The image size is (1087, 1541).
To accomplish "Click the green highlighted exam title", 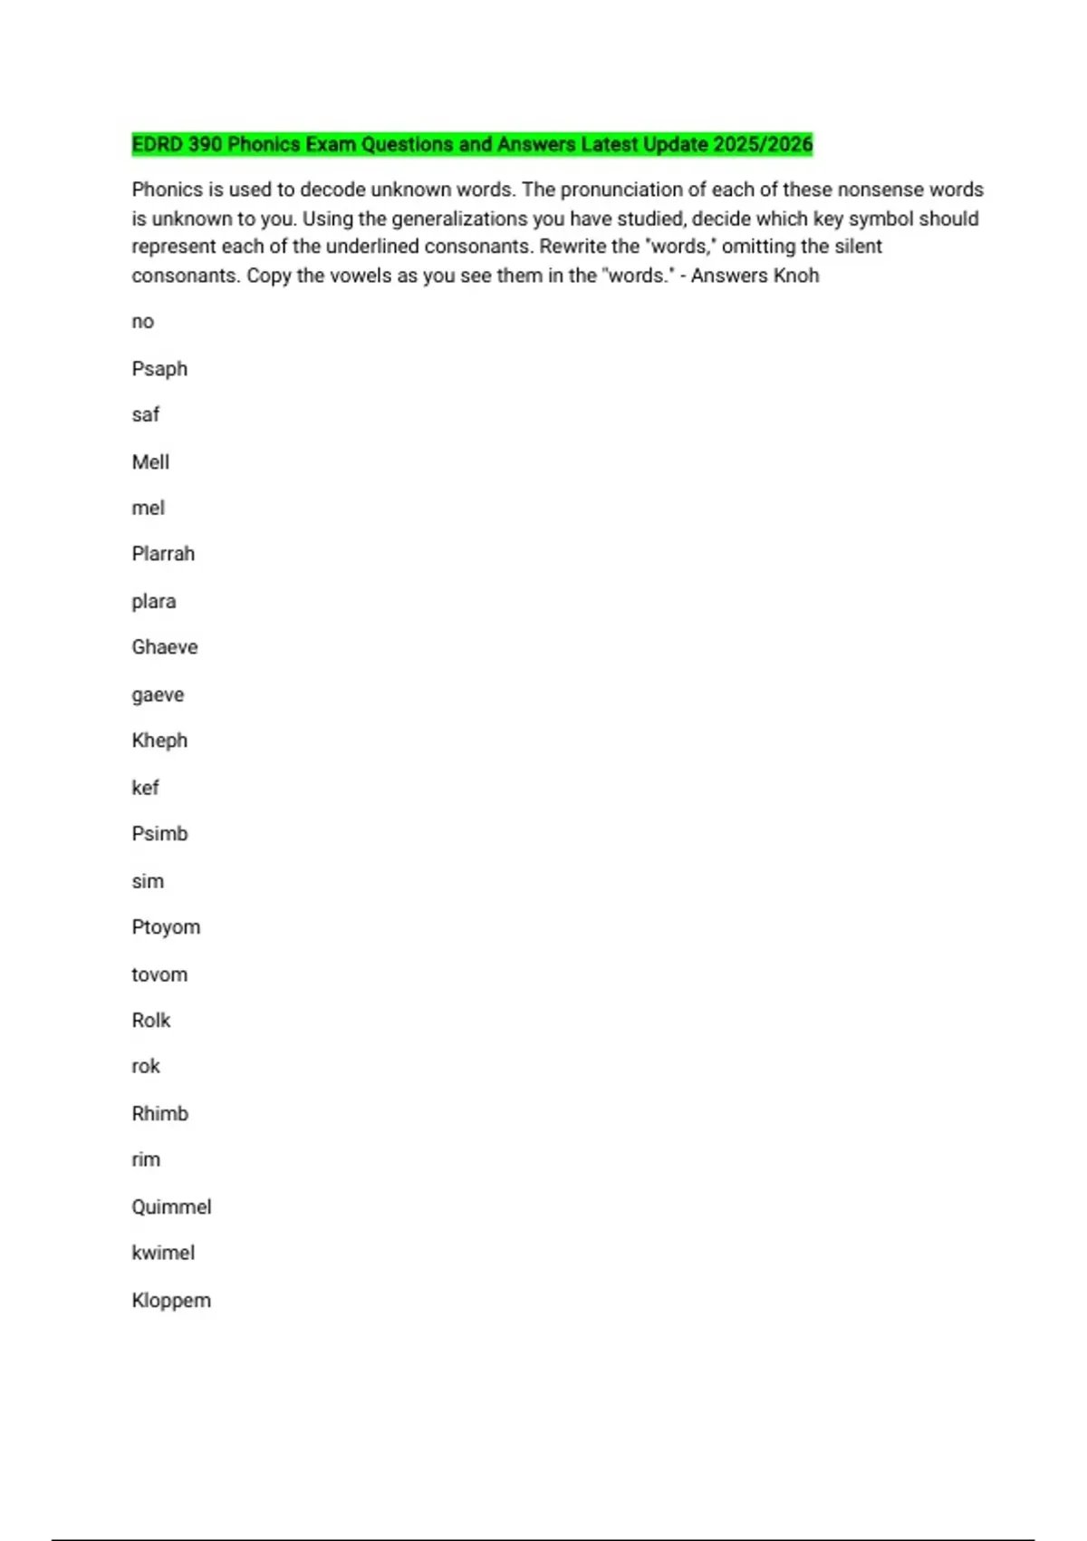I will click(471, 144).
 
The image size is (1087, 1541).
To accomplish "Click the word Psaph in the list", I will click(159, 369).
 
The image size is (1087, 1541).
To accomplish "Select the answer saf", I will click(145, 415).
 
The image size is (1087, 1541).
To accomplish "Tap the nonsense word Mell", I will click(150, 462).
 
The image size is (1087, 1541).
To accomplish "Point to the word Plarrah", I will click(163, 554).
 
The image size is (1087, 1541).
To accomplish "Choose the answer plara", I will click(154, 602).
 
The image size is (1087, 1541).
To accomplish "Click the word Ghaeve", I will click(164, 647).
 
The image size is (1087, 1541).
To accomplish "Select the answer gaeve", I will click(158, 695).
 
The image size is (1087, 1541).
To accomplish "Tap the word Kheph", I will click(159, 741).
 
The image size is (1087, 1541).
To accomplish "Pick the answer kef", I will click(145, 788).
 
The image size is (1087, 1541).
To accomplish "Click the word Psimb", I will click(159, 834).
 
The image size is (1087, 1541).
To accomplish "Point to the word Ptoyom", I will click(166, 927).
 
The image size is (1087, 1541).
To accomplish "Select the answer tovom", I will click(159, 975).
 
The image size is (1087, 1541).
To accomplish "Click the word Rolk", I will click(150, 1021).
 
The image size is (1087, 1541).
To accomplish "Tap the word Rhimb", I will click(159, 1114).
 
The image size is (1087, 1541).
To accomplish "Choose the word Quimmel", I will click(171, 1207).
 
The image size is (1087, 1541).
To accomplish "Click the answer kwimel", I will click(163, 1253).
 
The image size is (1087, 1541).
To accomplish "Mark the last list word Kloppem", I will click(171, 1301).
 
